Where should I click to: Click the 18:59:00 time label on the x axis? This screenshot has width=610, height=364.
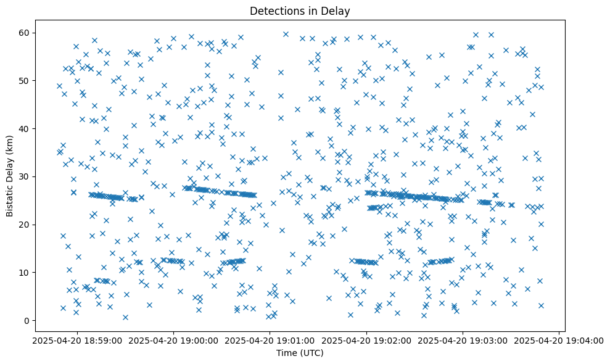(76, 340)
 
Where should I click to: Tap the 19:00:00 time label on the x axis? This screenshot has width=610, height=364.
(173, 340)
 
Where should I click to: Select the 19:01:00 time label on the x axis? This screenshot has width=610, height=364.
(270, 340)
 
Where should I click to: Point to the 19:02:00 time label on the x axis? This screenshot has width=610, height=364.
(366, 340)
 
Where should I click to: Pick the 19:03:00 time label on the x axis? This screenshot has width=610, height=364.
(463, 340)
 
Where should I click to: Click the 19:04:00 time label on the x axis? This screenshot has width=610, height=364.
(559, 340)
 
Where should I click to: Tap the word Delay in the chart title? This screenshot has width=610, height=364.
(337, 10)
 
